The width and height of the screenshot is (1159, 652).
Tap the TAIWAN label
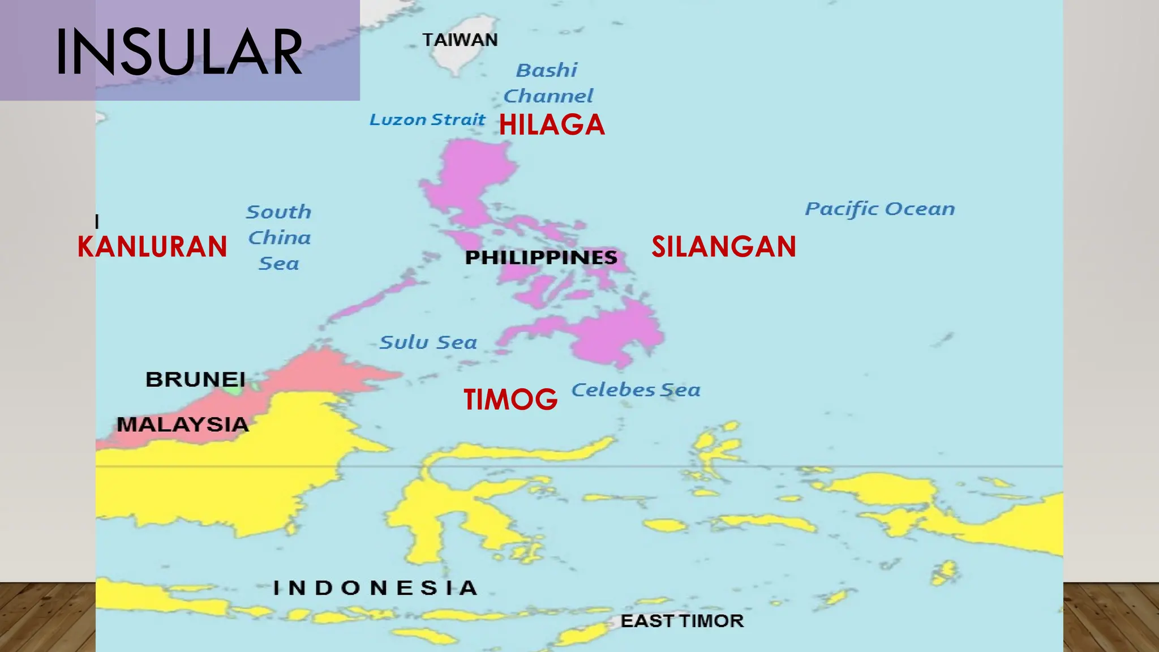(460, 40)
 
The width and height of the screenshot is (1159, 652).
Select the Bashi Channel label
(548, 83)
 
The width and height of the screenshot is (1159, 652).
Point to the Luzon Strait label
(427, 119)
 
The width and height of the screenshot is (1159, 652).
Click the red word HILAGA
(552, 125)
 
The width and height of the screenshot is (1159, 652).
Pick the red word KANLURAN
(152, 247)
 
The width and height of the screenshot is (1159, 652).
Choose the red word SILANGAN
(724, 247)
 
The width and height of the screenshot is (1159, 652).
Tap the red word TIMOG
(510, 399)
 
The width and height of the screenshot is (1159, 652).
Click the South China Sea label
(279, 238)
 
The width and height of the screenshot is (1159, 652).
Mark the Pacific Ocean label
(880, 209)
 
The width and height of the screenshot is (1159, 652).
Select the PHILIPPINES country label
(541, 258)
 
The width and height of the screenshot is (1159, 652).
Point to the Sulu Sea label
(428, 342)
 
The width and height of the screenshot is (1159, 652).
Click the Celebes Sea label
(636, 390)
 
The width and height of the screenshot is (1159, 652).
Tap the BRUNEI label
(195, 379)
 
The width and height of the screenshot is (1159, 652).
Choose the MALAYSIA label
(183, 424)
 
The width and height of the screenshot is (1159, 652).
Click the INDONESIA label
(376, 588)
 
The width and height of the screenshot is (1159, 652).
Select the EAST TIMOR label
(682, 621)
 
